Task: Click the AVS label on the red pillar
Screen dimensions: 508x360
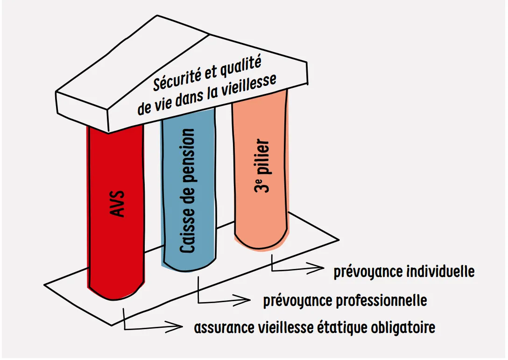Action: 117,204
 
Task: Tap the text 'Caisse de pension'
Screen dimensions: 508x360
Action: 187,191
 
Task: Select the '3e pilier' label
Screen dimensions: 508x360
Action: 262,166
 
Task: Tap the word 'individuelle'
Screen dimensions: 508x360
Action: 440,272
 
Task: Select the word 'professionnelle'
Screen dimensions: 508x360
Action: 381,300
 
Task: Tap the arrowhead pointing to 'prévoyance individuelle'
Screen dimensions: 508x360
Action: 316,268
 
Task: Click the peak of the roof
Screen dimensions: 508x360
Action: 157,15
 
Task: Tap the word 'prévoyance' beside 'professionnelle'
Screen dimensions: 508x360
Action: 298,301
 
